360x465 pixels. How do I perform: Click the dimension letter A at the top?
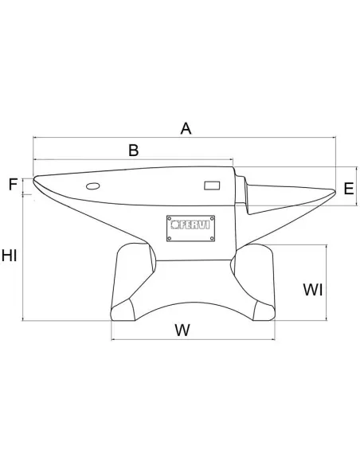pyautogui.click(x=186, y=127)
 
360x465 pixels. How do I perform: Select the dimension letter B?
pyautogui.click(x=133, y=149)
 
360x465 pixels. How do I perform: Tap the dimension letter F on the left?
pyautogui.click(x=13, y=185)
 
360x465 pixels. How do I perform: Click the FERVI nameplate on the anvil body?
pyautogui.click(x=190, y=228)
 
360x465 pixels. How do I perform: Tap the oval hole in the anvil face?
pyautogui.click(x=92, y=186)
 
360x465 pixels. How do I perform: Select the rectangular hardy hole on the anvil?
pyautogui.click(x=212, y=186)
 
